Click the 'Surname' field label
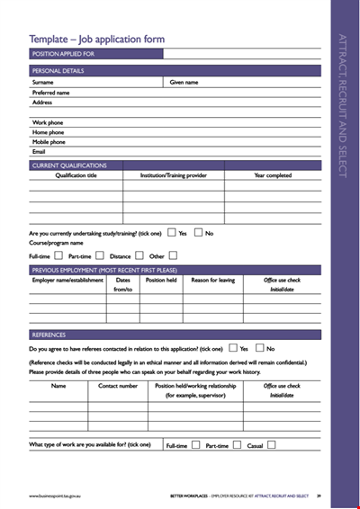click(43, 82)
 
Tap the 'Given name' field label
click(184, 82)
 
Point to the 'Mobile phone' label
click(49, 142)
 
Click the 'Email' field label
click(39, 151)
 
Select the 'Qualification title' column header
click(76, 175)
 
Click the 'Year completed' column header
click(273, 175)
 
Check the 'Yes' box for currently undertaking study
click(171, 232)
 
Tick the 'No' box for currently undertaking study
click(198, 232)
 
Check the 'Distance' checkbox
click(139, 255)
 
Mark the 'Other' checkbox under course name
click(173, 255)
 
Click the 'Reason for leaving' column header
click(212, 280)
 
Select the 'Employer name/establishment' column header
click(67, 280)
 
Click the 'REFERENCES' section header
click(49, 335)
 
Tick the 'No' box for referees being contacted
click(259, 348)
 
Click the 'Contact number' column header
click(118, 386)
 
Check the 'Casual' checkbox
click(272, 444)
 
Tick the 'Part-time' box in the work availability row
click(236, 444)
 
